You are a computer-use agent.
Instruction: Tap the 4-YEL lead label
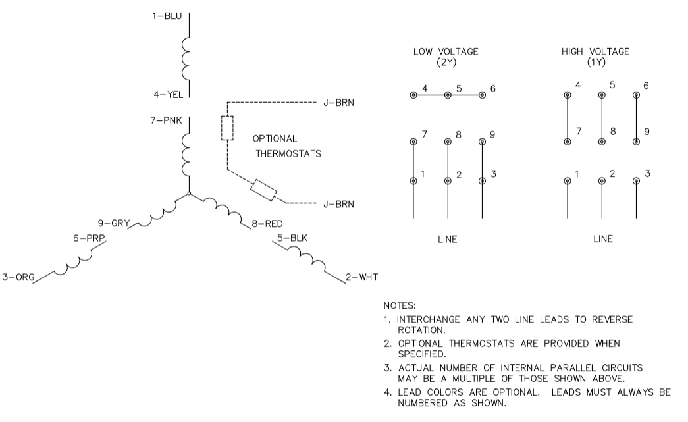167,95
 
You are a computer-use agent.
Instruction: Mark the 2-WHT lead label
362,277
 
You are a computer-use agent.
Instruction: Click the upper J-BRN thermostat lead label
338,103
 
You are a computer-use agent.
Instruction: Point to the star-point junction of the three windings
190,194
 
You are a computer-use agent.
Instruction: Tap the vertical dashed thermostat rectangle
227,128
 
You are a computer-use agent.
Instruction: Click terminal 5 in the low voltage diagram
448,95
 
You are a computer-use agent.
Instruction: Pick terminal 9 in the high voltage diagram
636,142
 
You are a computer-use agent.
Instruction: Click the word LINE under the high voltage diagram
602,239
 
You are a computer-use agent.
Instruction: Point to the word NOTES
398,306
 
